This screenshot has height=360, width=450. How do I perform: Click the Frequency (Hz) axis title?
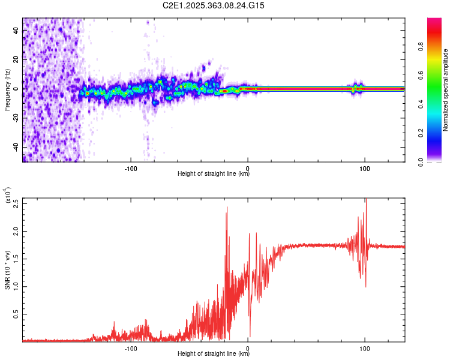coord(7,90)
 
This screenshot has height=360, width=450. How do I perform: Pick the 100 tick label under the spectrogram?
coord(365,168)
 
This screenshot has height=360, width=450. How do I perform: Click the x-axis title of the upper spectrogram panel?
coord(214,174)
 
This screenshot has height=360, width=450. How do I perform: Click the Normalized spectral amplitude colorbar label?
coord(445,90)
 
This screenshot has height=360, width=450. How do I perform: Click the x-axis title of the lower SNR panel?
coord(214,354)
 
